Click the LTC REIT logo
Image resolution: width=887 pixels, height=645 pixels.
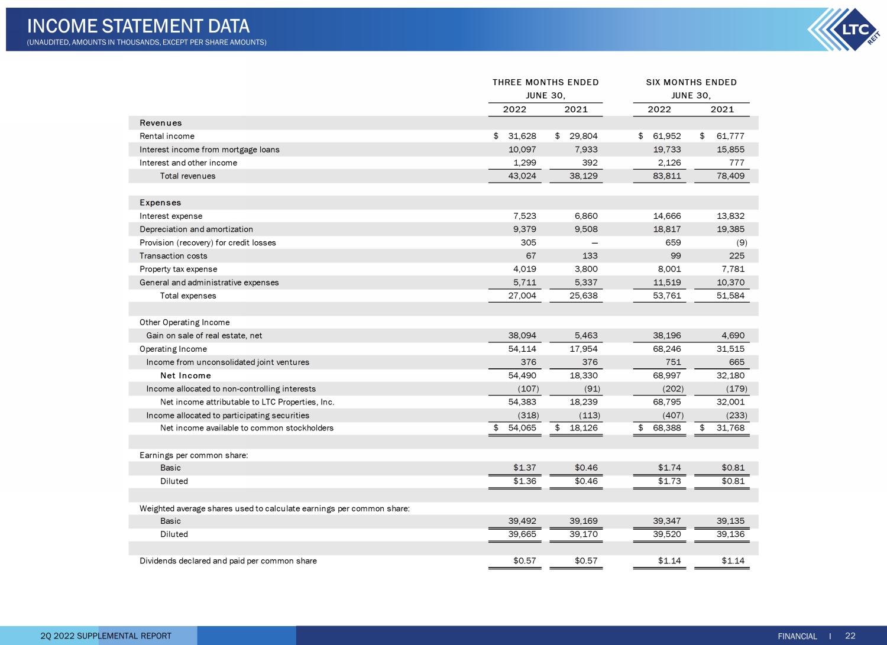point(844,30)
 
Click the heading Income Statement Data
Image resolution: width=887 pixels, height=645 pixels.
point(138,26)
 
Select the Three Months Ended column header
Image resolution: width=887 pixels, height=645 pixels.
point(545,82)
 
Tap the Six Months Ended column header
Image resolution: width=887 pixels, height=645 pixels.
point(691,82)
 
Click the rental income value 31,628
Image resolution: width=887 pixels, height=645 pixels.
point(522,136)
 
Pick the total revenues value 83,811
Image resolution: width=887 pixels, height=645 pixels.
point(667,176)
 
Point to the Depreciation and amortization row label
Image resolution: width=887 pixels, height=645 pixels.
point(196,229)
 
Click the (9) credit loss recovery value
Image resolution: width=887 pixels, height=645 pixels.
point(742,242)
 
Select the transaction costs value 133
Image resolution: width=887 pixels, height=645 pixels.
point(590,256)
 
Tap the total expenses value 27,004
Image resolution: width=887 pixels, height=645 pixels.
point(522,296)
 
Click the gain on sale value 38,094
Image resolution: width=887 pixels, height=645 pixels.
point(522,335)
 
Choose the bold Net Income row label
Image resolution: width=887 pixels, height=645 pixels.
point(185,375)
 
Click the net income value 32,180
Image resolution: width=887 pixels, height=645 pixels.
point(730,375)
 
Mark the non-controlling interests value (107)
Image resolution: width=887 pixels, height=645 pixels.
point(528,389)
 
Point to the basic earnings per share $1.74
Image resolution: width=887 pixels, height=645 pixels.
point(669,468)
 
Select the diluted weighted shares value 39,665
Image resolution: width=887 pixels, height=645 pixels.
point(522,534)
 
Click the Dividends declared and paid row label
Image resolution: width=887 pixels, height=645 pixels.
point(228,560)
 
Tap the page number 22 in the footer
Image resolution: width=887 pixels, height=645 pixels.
point(850,636)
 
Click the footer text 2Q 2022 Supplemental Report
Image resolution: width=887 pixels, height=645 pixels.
point(106,636)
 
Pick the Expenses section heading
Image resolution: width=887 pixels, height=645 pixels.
point(160,203)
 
